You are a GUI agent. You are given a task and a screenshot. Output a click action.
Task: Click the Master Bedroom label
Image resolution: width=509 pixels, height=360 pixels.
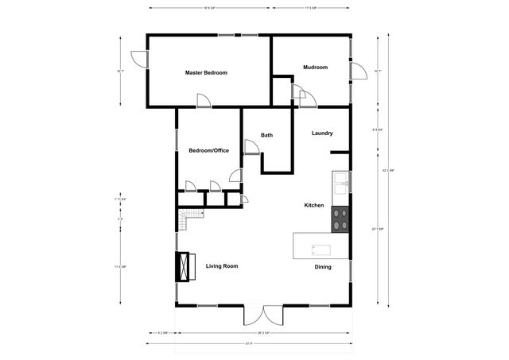[x=206, y=72]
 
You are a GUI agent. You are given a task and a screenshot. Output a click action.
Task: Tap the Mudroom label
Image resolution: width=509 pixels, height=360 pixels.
[x=316, y=68]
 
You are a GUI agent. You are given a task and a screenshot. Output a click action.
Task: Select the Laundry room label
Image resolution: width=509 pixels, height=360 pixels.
[x=322, y=134]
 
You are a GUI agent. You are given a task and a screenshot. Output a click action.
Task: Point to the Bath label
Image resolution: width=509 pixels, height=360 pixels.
[x=267, y=135]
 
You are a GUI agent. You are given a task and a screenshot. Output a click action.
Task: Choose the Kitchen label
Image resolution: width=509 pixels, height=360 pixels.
[x=314, y=206]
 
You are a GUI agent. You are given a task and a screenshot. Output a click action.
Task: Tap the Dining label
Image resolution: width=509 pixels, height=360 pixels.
[x=323, y=267]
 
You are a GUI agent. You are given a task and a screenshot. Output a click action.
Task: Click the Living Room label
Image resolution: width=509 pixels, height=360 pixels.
[x=222, y=266]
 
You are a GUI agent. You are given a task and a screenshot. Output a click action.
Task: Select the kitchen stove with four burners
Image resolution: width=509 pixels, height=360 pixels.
[x=341, y=219]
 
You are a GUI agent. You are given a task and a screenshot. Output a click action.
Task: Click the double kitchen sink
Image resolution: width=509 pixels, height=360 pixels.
[x=341, y=184]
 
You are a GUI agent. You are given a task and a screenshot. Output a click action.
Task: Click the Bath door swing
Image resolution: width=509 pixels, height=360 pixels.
[x=251, y=147]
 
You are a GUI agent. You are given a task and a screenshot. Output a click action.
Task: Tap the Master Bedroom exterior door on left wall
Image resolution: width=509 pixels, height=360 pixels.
[x=139, y=60]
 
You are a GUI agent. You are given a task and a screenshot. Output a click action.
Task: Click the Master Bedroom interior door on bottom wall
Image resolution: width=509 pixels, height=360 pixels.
[x=204, y=100]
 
